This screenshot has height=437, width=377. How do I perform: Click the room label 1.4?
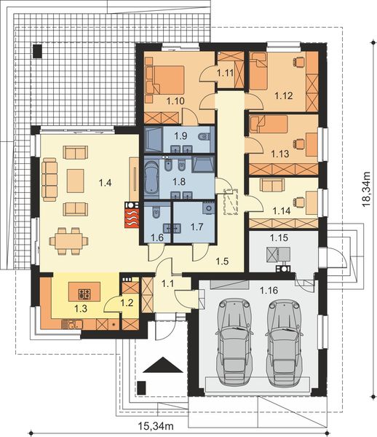point(105,183)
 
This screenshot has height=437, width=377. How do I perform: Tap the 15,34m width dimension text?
point(156,425)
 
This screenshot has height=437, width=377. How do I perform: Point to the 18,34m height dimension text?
point(366,189)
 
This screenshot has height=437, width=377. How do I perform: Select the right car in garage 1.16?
point(285,343)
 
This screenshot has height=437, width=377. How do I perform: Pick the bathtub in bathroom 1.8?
point(152,179)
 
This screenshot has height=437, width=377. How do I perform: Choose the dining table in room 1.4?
point(68,241)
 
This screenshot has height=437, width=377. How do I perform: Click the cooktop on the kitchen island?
point(84,294)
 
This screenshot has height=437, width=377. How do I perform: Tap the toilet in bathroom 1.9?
point(203,137)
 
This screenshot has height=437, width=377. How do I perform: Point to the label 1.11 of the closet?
point(225,73)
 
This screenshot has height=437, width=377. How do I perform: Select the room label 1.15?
point(279,237)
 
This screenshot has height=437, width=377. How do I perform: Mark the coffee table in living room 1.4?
point(76,181)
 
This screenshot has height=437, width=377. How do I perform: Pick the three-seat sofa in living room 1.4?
point(49,179)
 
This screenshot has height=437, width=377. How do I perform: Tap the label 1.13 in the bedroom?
point(279,154)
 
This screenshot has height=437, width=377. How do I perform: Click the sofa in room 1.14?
point(272,185)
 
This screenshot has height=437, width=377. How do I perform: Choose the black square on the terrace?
point(37,51)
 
